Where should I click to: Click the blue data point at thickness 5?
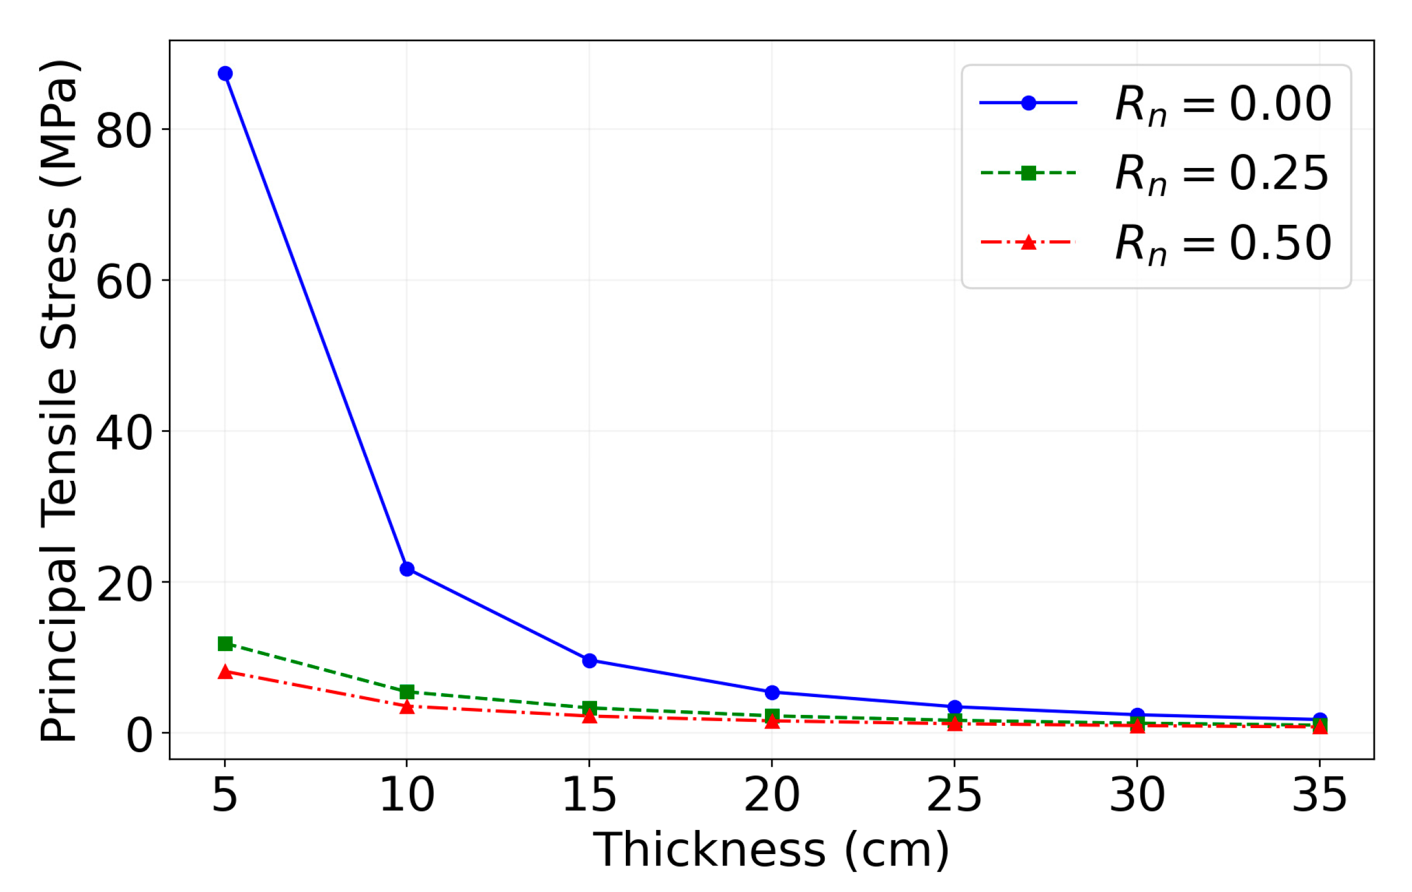coord(225,74)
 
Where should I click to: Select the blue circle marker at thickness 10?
coord(407,569)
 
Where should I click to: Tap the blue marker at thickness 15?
coord(589,661)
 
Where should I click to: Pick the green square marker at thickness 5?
coord(225,644)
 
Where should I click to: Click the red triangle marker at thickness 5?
coord(225,672)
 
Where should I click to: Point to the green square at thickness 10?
coord(407,692)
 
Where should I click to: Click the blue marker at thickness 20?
coord(772,692)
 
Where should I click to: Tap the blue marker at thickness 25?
coord(955,707)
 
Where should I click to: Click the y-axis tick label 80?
coord(124,131)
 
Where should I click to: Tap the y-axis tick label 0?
coord(140,736)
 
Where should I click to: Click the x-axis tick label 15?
coord(589,795)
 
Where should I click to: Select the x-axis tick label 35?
coord(1319,795)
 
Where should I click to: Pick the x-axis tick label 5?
coord(225,795)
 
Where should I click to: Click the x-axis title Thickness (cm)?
coord(771,849)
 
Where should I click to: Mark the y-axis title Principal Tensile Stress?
coord(59,399)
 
